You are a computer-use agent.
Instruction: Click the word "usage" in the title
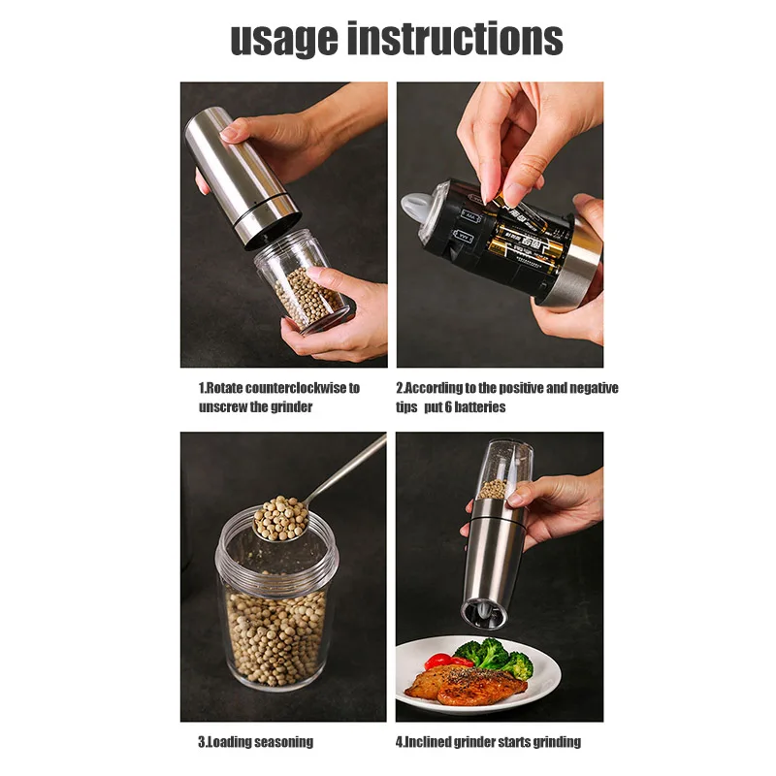click(x=284, y=40)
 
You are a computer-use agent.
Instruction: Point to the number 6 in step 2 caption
click(x=448, y=407)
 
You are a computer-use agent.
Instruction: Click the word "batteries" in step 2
click(x=480, y=407)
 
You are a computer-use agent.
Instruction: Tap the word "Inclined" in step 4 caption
click(x=428, y=741)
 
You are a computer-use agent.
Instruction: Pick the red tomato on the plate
click(x=441, y=661)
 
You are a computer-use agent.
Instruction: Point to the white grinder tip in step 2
click(x=415, y=207)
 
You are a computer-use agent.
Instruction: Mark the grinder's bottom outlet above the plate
click(x=484, y=613)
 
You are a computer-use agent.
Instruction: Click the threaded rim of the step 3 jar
click(x=277, y=552)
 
